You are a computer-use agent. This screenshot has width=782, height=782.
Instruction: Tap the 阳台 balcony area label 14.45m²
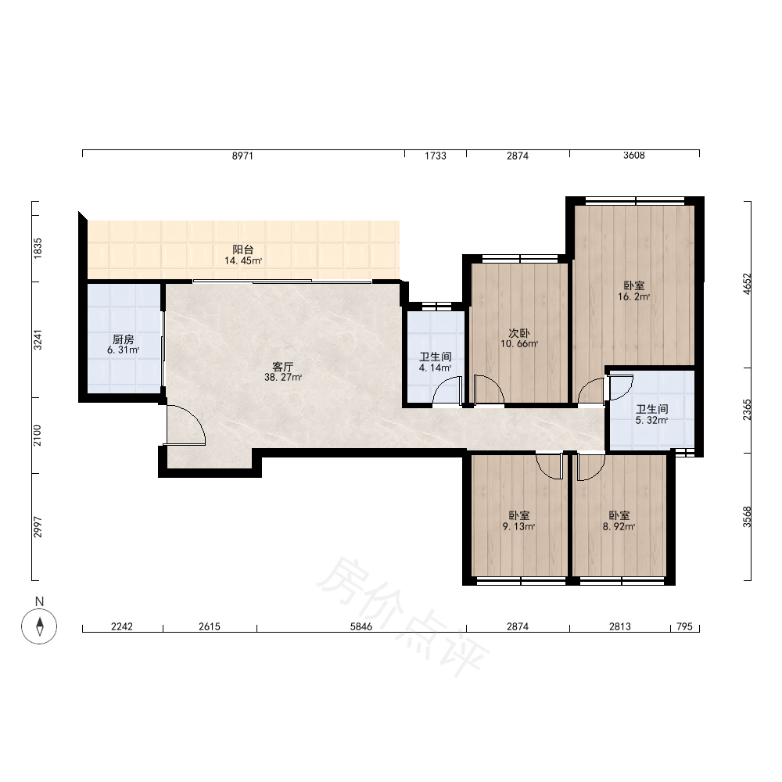(243, 260)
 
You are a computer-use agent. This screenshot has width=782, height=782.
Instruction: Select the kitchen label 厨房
(124, 339)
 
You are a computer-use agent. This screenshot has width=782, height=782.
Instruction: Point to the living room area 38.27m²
(283, 378)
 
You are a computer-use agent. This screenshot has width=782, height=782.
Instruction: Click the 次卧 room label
(519, 333)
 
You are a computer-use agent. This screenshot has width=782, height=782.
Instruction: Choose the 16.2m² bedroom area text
(634, 296)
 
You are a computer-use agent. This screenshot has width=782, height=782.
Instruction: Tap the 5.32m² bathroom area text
(652, 421)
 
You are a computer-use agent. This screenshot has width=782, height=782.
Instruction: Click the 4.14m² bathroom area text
(436, 368)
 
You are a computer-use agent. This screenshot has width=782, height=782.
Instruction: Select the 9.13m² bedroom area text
(519, 526)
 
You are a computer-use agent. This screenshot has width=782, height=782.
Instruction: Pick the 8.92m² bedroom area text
(619, 526)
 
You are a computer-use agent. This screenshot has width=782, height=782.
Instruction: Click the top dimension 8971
(243, 156)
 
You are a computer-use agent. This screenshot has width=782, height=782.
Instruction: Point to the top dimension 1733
(436, 156)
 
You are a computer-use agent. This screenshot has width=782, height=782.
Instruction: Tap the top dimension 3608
(634, 155)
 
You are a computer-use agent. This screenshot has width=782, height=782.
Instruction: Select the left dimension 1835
(38, 249)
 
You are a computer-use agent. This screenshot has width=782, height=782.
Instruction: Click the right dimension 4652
(747, 284)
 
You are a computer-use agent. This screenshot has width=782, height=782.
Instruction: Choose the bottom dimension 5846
(361, 626)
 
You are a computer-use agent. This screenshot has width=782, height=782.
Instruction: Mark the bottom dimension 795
(685, 626)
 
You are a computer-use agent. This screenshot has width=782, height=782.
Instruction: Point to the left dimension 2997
(38, 527)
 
